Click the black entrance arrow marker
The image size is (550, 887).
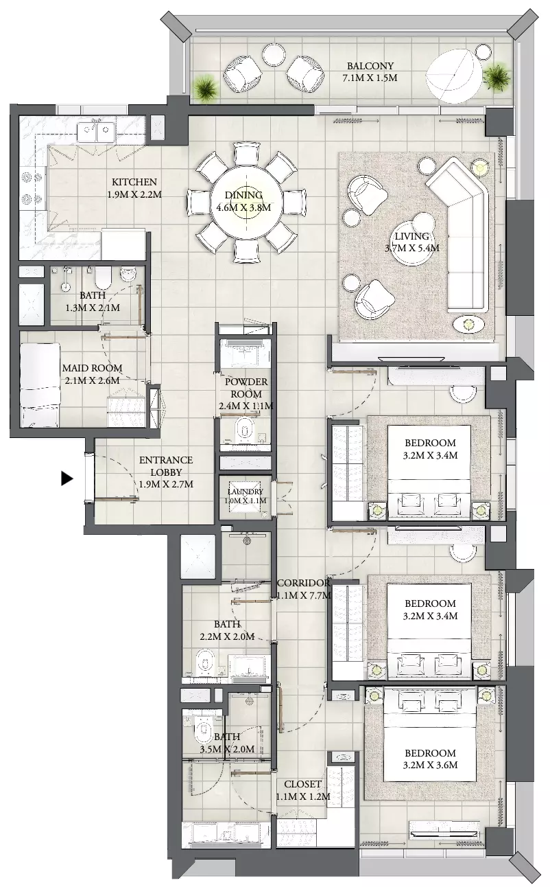tap(67, 479)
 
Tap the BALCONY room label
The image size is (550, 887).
tap(370, 66)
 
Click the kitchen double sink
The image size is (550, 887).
tap(96, 130)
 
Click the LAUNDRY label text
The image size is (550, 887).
tap(246, 492)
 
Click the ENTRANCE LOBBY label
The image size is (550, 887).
tap(166, 466)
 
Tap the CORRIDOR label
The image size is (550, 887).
tap(304, 583)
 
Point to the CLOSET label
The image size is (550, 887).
tap(302, 783)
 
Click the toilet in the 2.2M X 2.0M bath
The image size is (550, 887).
tap(205, 663)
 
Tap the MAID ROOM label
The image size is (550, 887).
tap(92, 368)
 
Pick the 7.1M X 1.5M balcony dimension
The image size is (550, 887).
tap(370, 78)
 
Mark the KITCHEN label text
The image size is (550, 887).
tap(134, 182)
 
